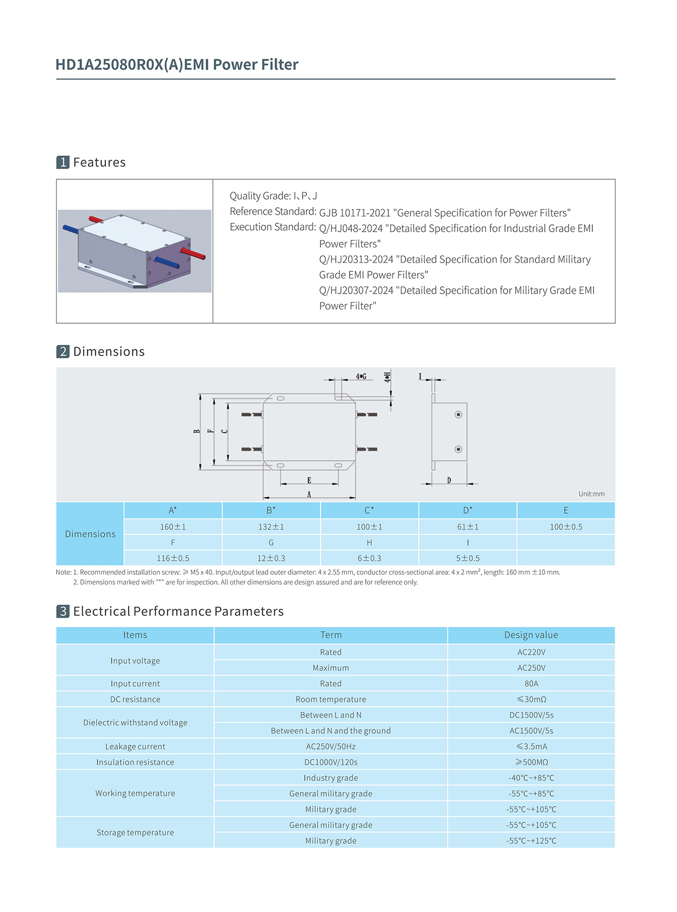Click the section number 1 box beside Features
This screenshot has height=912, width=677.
(63, 162)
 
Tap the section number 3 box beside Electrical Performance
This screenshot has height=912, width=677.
(63, 612)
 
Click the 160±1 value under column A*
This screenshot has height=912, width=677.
(173, 527)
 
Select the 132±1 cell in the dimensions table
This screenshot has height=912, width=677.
(271, 527)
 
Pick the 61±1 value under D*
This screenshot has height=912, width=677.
(468, 527)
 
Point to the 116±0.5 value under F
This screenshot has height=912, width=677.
(173, 558)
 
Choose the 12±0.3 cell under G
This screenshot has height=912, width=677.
(271, 558)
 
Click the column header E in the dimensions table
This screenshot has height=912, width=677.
(566, 510)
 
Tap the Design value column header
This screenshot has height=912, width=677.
(531, 635)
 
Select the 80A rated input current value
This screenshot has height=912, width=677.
(531, 683)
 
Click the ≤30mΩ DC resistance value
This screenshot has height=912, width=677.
(531, 699)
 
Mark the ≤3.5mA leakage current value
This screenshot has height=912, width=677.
(531, 746)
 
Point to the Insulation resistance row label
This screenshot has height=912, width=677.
(135, 762)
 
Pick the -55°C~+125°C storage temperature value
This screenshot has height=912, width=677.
(531, 841)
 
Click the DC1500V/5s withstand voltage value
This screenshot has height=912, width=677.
(531, 715)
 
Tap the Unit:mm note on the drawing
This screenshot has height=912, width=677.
(591, 494)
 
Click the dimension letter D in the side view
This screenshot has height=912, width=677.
(449, 480)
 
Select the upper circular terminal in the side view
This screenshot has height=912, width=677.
(459, 415)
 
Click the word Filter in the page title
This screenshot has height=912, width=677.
(279, 65)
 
